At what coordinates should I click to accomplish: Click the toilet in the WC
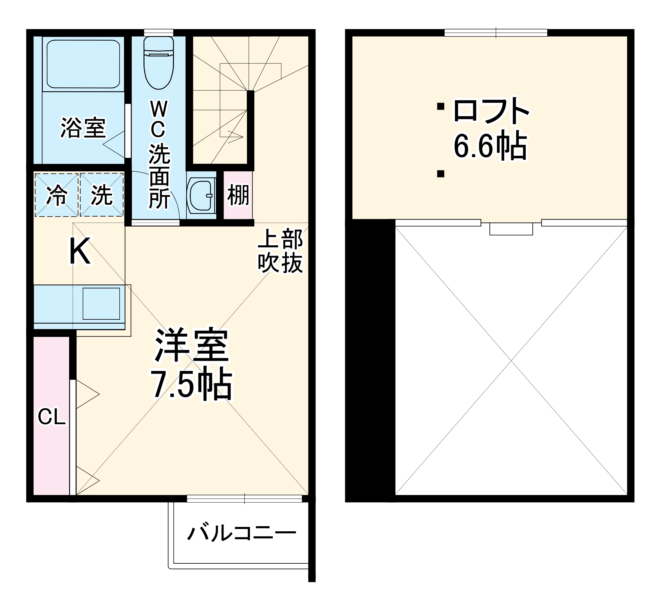coord(159,63)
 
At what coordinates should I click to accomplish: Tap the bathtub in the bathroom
coord(83,64)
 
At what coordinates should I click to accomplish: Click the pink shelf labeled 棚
coord(238,195)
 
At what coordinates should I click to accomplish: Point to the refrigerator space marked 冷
coord(57,195)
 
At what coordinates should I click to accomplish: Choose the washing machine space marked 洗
coord(102,195)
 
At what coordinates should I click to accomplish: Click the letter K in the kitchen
coord(79,252)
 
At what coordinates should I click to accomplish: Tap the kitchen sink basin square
coord(101,304)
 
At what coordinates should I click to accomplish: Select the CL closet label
coord(52,417)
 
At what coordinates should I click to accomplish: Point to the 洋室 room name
coord(192,346)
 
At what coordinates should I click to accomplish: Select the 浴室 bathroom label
coord(83,128)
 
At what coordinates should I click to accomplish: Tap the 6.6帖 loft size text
coord(490,145)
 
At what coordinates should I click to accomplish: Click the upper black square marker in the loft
coord(440,106)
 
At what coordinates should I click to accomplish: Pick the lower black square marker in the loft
coord(440,174)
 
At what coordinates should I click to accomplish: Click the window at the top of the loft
coord(496,33)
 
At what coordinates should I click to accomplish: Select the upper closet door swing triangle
coord(87,394)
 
